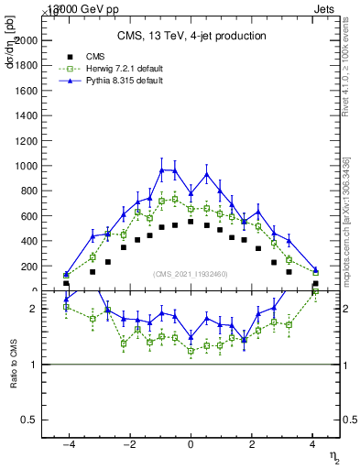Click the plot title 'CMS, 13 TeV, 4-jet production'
pos(191,36)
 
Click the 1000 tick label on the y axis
pos(27,167)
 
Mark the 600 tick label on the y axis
pos(29,216)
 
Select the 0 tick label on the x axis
pos(191,444)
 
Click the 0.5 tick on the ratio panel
pos(29,420)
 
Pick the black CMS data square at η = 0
pos(191,222)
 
